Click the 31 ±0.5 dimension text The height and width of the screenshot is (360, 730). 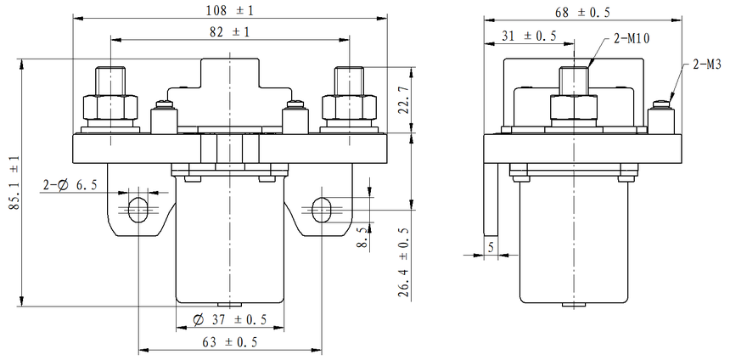[529, 36]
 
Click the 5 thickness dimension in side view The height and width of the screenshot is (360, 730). [491, 247]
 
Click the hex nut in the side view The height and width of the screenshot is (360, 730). [575, 108]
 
